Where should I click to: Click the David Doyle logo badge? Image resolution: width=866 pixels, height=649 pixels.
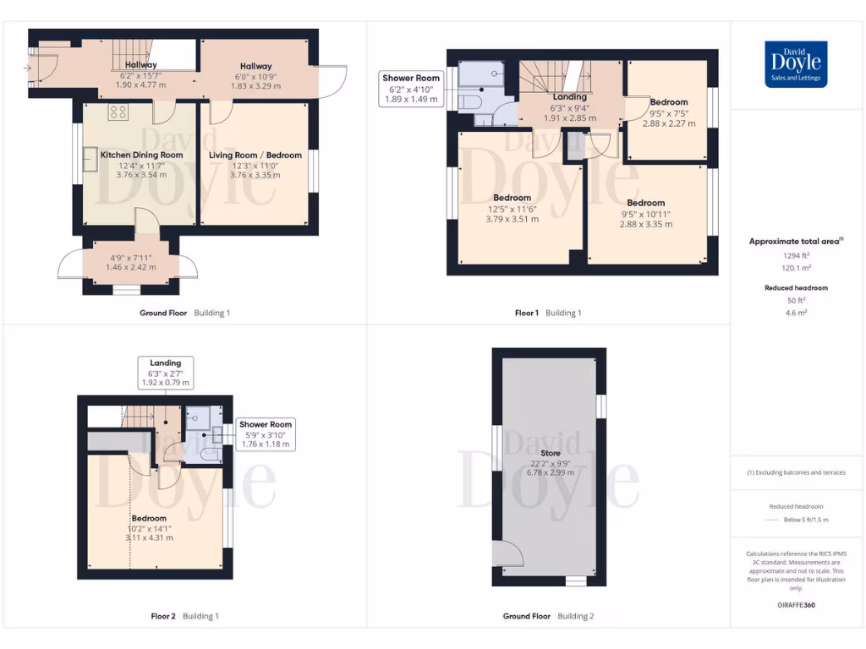(x=795, y=64)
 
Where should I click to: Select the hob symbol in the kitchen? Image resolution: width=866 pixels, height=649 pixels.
(x=118, y=112)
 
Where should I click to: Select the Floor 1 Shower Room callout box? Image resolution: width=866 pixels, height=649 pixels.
(x=411, y=89)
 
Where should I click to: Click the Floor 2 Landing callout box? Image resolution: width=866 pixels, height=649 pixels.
(x=166, y=373)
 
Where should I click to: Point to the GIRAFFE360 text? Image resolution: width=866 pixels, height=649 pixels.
(x=795, y=605)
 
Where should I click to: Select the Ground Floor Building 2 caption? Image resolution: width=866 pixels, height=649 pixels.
(x=548, y=616)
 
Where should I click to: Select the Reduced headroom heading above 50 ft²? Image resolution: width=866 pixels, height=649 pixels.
(x=795, y=288)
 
